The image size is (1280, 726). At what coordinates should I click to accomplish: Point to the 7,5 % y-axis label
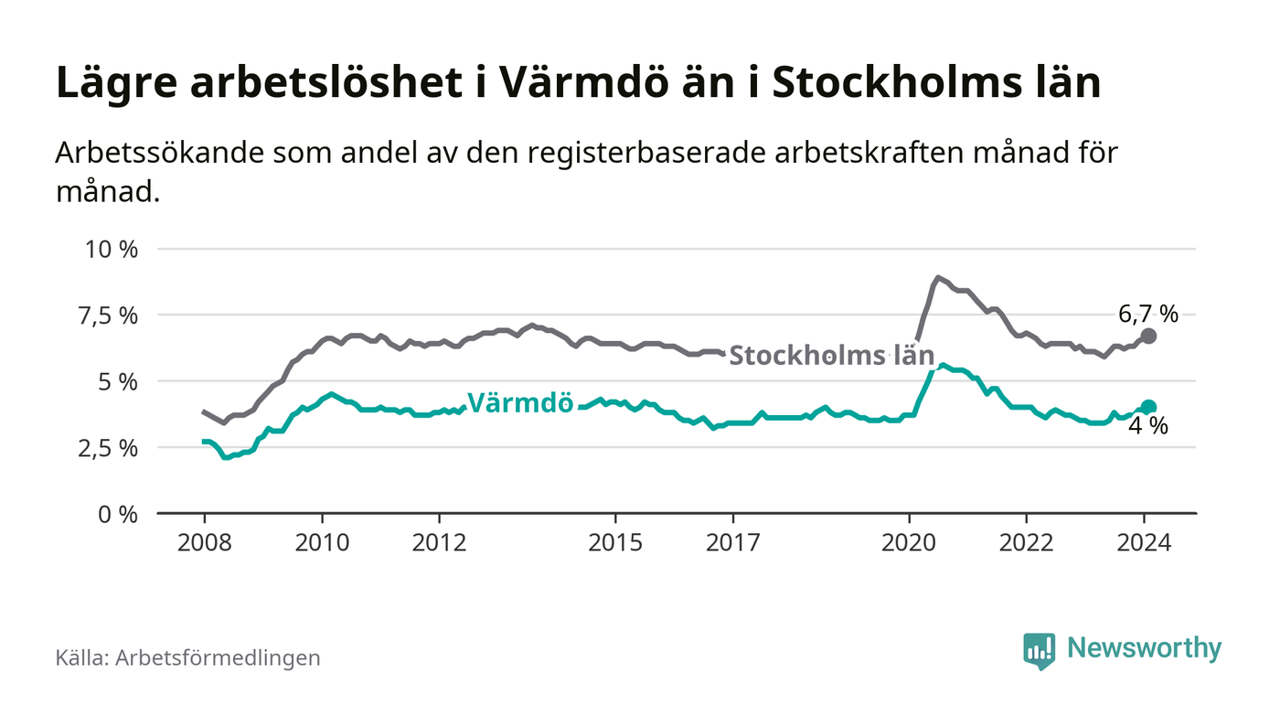[110, 315]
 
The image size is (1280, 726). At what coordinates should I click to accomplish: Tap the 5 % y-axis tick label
[119, 381]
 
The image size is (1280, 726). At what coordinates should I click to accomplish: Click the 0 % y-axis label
[119, 514]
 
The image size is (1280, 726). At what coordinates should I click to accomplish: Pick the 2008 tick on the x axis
[204, 542]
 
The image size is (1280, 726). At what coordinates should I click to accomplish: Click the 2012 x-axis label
[440, 542]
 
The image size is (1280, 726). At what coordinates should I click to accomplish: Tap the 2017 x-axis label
[734, 542]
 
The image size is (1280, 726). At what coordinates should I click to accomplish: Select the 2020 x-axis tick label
[911, 542]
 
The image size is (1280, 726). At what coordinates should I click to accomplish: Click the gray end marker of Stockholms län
[1148, 336]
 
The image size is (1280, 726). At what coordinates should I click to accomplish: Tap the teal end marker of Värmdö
[1148, 407]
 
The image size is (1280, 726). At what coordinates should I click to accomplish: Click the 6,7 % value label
[1148, 315]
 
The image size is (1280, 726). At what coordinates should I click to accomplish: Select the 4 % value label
[1148, 426]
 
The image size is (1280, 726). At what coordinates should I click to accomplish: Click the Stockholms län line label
[832, 356]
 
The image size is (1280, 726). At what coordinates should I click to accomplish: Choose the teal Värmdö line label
[520, 402]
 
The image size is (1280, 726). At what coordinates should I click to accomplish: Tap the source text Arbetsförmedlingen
[218, 657]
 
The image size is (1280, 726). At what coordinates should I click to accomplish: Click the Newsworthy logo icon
[1039, 650]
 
